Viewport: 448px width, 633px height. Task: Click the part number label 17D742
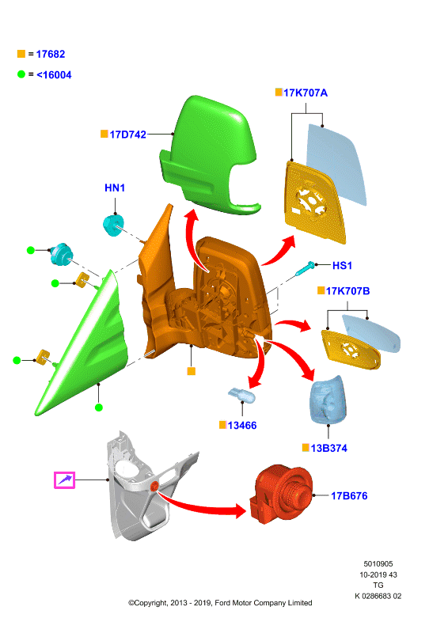[x=127, y=135]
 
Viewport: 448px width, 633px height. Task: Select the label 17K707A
[x=306, y=93]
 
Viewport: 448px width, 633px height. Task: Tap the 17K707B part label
[x=347, y=291]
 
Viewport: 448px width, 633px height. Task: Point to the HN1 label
[x=115, y=188]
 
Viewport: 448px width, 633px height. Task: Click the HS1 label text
[x=342, y=266]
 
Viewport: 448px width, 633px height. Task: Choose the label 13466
[x=242, y=426]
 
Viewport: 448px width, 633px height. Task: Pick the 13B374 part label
[x=328, y=448]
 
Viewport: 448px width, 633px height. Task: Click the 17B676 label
[x=349, y=496]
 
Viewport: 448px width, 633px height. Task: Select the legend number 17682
[x=51, y=54]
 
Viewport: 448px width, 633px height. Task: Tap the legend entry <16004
[x=54, y=75]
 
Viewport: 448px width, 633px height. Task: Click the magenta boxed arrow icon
[x=65, y=480]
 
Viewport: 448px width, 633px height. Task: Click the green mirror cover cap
[x=208, y=155]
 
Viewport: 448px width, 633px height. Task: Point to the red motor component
[x=281, y=493]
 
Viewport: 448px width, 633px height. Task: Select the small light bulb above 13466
[x=242, y=396]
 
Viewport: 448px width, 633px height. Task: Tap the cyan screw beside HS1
[x=306, y=268]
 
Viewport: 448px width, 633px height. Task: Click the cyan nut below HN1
[x=112, y=226]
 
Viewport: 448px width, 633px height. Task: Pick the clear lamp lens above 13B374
[x=328, y=400]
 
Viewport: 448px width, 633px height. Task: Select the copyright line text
[x=220, y=603]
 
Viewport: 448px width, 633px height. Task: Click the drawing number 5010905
[x=378, y=564]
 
